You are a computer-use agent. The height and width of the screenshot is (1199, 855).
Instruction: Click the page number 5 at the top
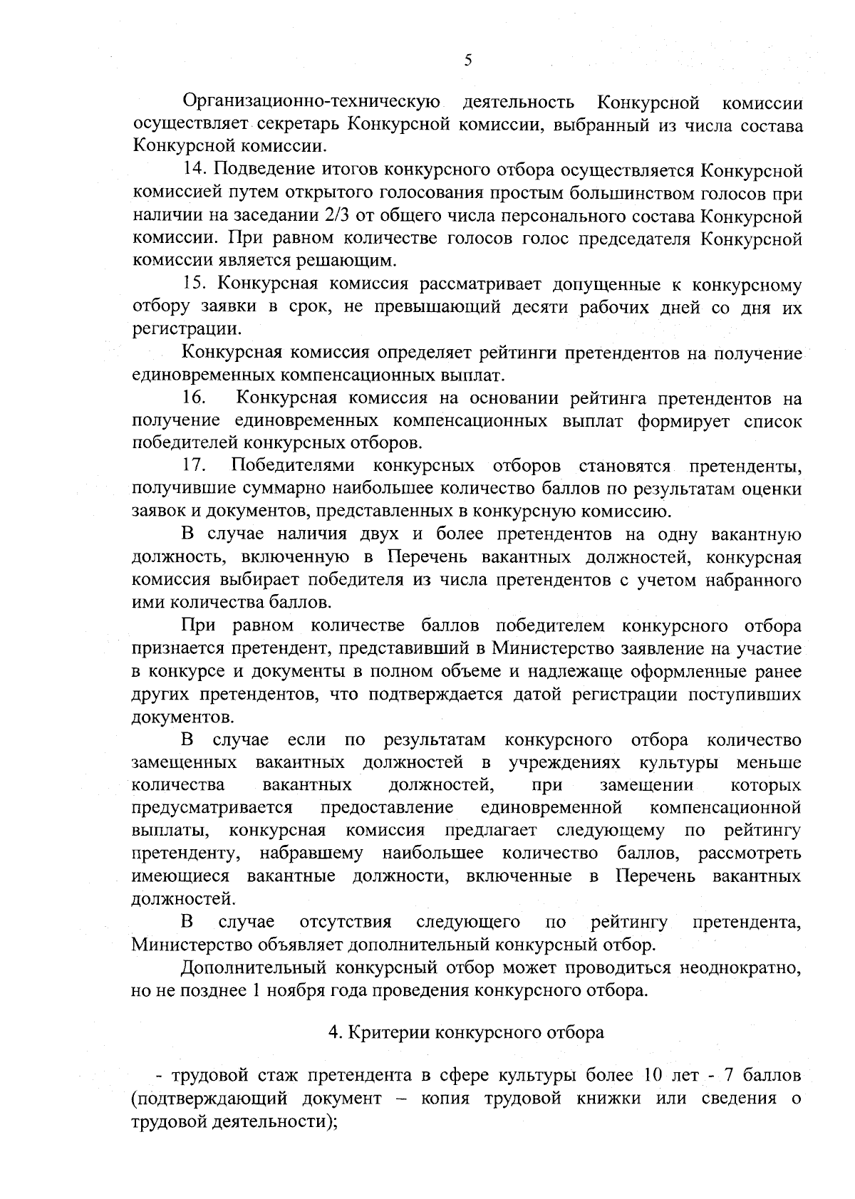(467, 61)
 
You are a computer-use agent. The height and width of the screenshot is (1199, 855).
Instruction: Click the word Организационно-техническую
(311, 103)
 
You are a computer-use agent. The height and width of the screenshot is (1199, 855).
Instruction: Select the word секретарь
(299, 125)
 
